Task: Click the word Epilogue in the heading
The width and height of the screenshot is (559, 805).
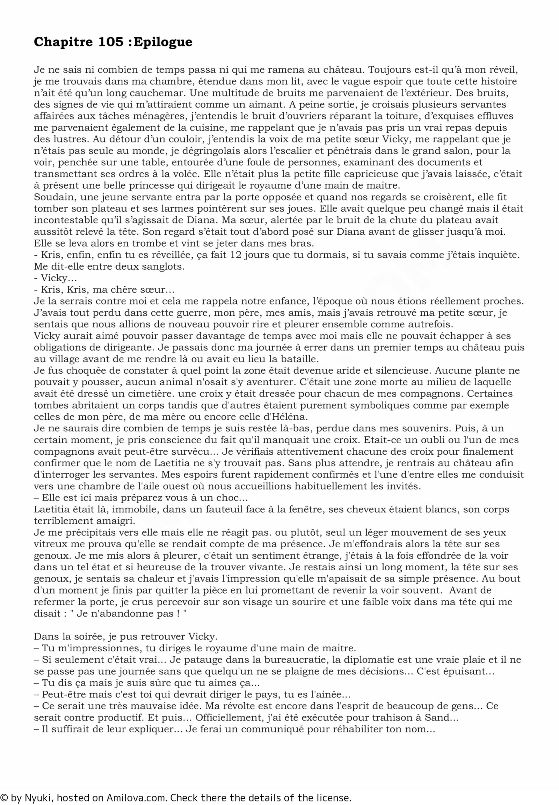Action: point(163,42)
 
